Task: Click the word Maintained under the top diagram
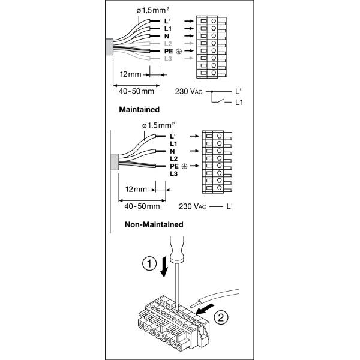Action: pos(139,110)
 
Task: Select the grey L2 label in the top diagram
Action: pos(169,44)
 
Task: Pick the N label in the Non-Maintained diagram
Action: pos(173,152)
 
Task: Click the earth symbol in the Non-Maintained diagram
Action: pos(185,166)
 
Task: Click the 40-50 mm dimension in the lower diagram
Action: pos(142,206)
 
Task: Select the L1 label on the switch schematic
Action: pos(239,103)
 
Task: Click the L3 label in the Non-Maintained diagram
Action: pos(173,174)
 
